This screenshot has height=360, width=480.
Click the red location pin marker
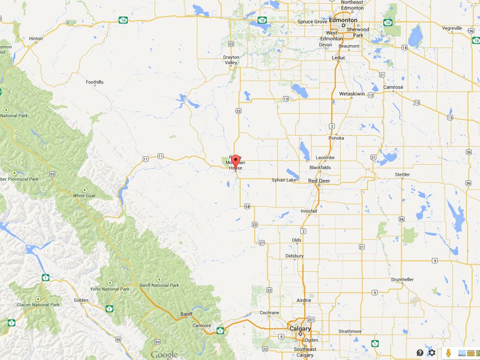click(235, 163)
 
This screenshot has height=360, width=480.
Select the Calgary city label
click(300, 329)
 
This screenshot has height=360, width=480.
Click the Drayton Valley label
click(231, 61)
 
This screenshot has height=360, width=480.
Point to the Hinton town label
click(36, 38)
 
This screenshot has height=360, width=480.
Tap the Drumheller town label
click(402, 280)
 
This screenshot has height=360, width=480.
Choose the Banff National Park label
click(159, 285)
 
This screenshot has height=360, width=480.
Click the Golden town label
click(81, 300)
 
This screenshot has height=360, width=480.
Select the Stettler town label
click(402, 175)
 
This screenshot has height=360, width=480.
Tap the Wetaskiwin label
click(351, 94)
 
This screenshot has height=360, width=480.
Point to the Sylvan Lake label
click(284, 180)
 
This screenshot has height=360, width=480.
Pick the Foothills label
click(94, 82)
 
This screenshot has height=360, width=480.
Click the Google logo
click(164, 354)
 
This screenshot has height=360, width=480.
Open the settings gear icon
click(432, 352)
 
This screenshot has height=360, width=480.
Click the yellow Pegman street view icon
click(448, 352)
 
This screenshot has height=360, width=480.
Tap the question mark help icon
click(420, 352)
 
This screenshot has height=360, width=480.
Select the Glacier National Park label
click(38, 305)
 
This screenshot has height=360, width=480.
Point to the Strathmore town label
click(350, 331)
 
